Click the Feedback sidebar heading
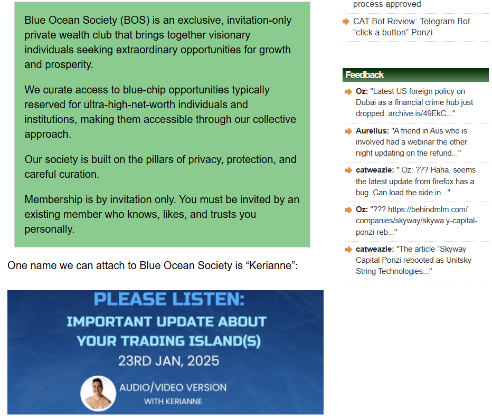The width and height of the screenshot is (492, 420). (364, 75)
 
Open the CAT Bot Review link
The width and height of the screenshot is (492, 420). (411, 27)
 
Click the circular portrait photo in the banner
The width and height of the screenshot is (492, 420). (98, 394)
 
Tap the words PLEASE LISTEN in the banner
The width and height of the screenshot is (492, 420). (169, 299)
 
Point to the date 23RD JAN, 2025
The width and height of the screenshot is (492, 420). (168, 361)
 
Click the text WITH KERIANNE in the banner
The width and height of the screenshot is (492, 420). (173, 401)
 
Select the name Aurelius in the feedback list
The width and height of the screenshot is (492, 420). (372, 131)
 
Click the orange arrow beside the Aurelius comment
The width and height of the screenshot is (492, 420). (348, 131)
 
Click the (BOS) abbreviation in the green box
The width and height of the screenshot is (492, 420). (135, 20)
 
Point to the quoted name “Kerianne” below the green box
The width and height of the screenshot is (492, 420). (271, 265)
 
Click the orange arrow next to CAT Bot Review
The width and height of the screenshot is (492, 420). (346, 21)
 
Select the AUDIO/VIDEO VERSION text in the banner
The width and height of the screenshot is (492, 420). (173, 387)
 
